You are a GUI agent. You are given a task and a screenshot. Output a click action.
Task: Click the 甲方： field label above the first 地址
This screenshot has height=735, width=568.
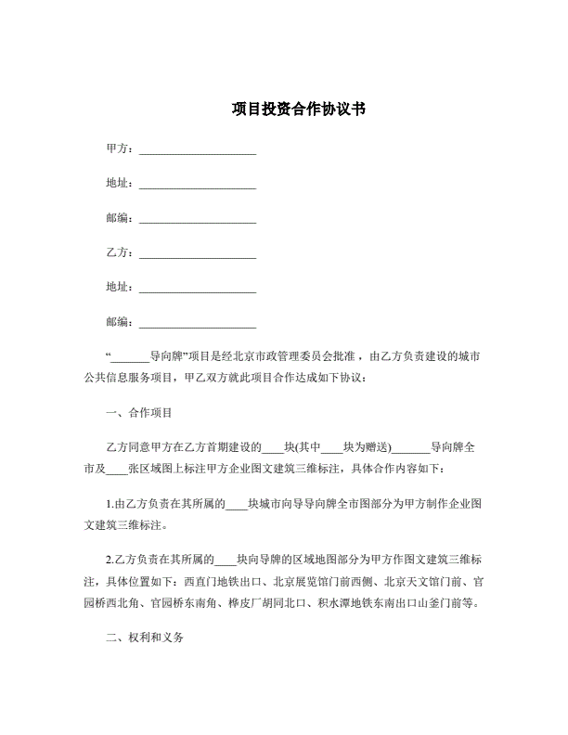pyautogui.click(x=121, y=148)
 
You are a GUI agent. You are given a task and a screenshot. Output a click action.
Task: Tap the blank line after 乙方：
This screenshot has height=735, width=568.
pyautogui.click(x=197, y=253)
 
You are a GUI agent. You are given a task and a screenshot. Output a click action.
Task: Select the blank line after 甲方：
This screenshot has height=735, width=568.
pyautogui.click(x=197, y=149)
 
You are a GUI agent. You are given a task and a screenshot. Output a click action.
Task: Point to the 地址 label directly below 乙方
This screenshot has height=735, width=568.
pyautogui.click(x=121, y=288)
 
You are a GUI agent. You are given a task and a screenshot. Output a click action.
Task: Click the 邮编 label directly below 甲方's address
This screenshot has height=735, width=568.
pyautogui.click(x=121, y=218)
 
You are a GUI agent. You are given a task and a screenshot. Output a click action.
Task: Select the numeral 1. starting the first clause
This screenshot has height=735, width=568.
pyautogui.click(x=110, y=504)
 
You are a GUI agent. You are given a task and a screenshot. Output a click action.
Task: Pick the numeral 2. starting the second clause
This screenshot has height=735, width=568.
pyautogui.click(x=110, y=561)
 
